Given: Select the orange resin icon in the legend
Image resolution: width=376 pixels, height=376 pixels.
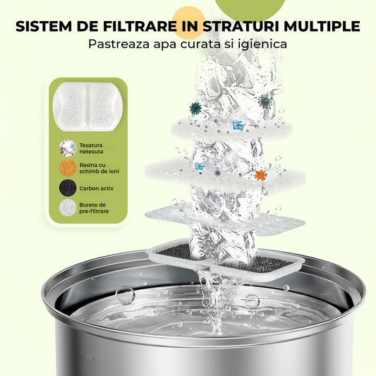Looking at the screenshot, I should (x=68, y=169).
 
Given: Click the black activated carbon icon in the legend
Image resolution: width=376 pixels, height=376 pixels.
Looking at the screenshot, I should (x=68, y=188).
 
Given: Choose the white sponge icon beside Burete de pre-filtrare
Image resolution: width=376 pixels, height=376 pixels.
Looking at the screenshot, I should (x=68, y=208).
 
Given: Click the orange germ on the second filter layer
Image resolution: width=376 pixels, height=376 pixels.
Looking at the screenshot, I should (x=260, y=174).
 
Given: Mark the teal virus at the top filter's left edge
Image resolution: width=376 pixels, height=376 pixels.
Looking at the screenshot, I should (x=195, y=109).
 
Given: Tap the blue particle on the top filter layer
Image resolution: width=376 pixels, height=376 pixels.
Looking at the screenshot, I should (x=238, y=125).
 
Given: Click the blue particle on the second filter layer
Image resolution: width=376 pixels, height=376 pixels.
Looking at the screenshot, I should (x=199, y=166).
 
